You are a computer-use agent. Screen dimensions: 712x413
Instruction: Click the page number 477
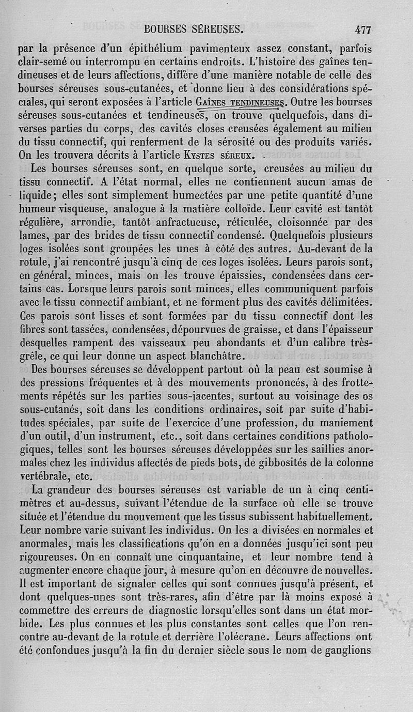[x=363, y=29]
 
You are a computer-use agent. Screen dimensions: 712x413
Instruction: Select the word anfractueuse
[x=183, y=222]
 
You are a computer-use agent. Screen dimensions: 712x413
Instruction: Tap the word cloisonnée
[x=292, y=222]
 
